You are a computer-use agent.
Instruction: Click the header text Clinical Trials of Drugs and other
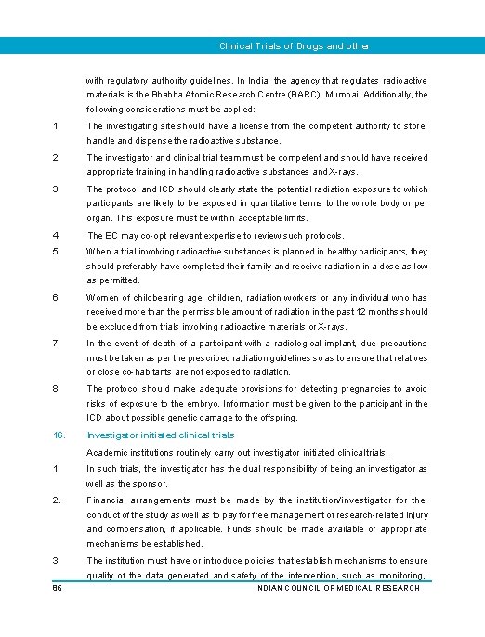[x=294, y=45]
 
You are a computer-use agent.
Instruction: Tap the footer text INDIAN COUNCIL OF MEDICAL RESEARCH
[x=336, y=587]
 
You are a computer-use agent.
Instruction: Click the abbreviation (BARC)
[x=332, y=95]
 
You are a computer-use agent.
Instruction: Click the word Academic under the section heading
[x=108, y=452]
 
